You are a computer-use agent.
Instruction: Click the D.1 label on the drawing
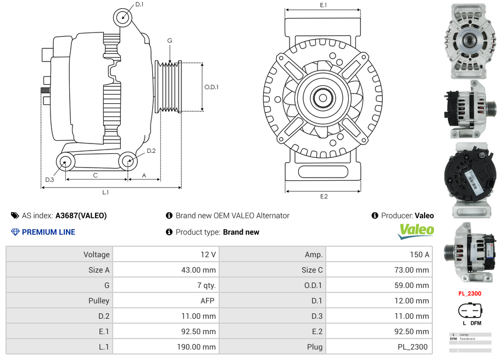coord(139,4)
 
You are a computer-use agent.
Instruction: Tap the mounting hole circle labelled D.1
coord(123,18)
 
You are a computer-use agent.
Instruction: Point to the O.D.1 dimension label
coord(211,87)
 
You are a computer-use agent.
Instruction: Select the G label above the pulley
coord(170,41)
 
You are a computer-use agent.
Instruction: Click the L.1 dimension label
coord(105,192)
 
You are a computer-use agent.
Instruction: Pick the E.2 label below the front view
coord(323,196)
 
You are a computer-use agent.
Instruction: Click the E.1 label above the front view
coord(323,5)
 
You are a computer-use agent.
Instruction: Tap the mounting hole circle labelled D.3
coord(66,162)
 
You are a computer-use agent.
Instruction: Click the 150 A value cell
coord(419,254)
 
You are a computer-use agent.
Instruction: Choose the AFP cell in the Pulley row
coord(207,301)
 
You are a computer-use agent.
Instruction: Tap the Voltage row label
coord(97,254)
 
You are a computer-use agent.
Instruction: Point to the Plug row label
coord(315,347)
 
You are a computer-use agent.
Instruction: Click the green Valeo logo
coord(416,230)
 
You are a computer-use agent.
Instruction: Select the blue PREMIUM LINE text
coord(48,232)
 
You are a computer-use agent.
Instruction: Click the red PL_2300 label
coord(470,293)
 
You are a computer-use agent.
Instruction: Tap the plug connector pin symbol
coord(470,311)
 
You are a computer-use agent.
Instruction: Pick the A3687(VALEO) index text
coord(81,216)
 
